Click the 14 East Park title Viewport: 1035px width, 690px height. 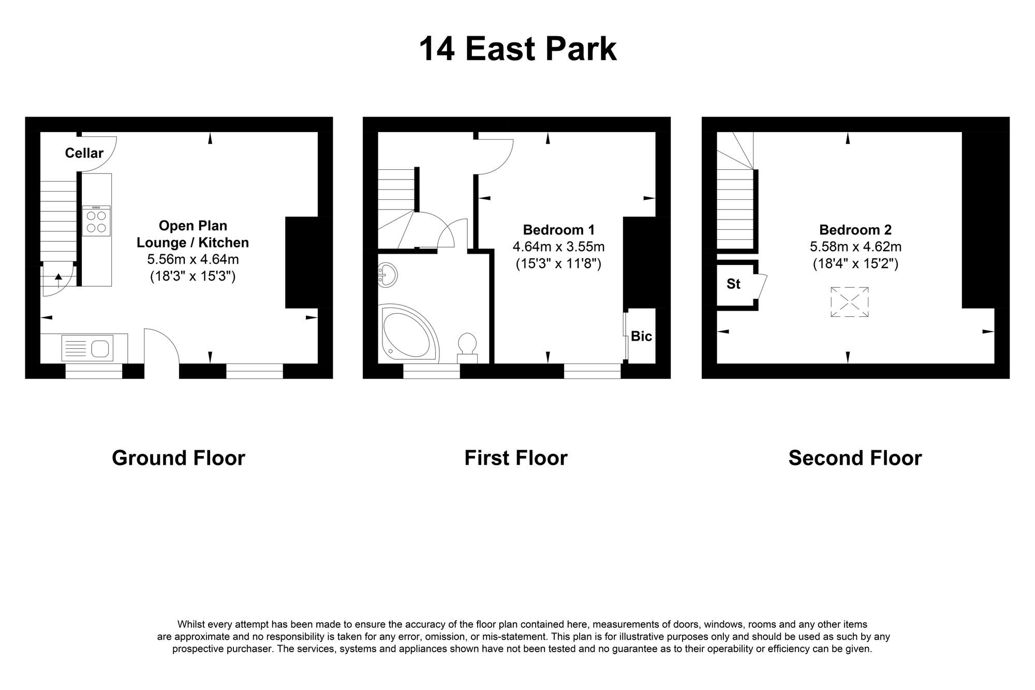517,49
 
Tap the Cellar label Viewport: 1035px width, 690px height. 84,153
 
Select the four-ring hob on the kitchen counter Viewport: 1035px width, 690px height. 96,222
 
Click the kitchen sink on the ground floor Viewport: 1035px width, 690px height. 87,347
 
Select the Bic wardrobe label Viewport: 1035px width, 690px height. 641,336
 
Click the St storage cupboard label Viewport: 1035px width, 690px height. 733,284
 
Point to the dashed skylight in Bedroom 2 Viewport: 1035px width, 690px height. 849,302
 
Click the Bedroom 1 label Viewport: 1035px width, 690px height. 558,230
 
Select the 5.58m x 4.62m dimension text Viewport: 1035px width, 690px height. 855,247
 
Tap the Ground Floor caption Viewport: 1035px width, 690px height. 178,458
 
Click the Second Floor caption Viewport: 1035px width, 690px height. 855,458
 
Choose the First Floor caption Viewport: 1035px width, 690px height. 515,458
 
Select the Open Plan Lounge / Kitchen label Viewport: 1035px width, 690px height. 193,234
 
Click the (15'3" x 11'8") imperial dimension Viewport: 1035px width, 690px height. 558,264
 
